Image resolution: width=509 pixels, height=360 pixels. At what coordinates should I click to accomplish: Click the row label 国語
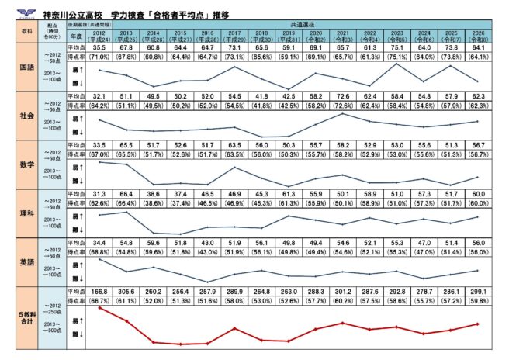[x=25, y=67]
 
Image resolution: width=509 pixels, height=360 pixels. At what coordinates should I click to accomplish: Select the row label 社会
[x=25, y=116]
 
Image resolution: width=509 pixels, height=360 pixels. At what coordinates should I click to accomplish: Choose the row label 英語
[x=25, y=262]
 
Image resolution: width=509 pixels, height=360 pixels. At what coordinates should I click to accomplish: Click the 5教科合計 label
[x=25, y=317]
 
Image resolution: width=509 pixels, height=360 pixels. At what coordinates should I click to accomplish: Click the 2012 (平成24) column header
[x=99, y=36]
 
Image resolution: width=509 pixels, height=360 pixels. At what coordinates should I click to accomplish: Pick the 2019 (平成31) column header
[x=289, y=36]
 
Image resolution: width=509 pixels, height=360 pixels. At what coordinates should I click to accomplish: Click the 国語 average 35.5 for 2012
[x=99, y=47]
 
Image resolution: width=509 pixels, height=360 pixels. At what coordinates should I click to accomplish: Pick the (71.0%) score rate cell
[x=99, y=56]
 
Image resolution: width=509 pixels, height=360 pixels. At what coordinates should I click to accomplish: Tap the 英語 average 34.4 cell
[x=99, y=243]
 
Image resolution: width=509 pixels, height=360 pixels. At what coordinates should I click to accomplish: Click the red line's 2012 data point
[x=99, y=308]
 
